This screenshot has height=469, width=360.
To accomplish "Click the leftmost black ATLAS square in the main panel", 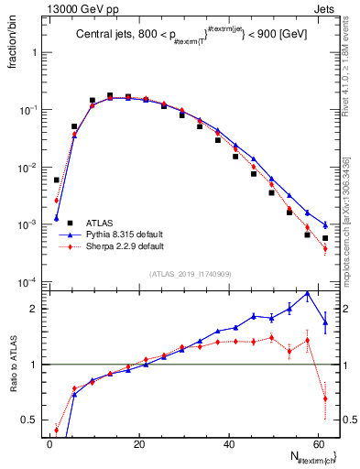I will (56, 180).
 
